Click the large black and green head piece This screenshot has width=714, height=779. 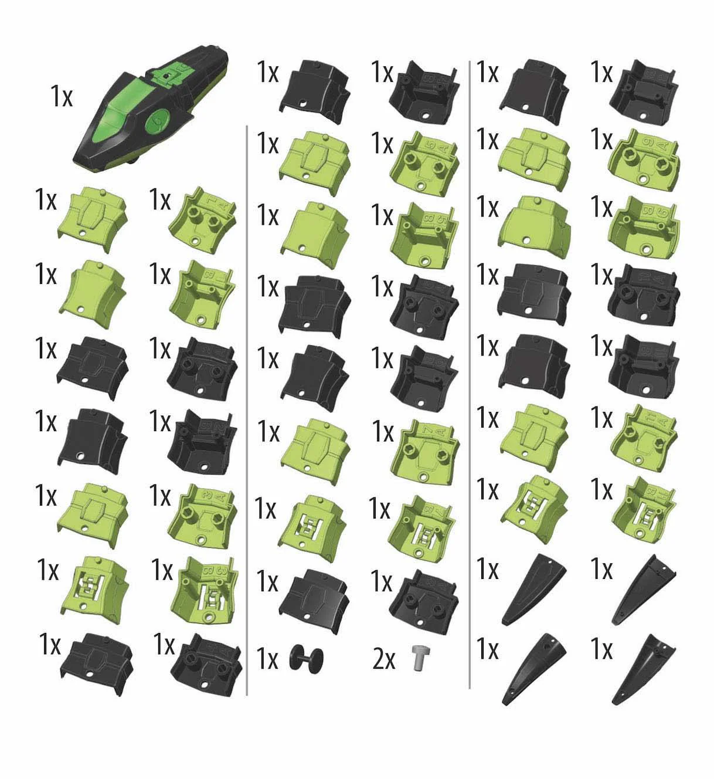(149, 111)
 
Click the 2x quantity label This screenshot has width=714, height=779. (383, 660)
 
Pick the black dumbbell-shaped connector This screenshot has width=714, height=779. (307, 658)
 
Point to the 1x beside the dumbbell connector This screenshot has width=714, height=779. (267, 660)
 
